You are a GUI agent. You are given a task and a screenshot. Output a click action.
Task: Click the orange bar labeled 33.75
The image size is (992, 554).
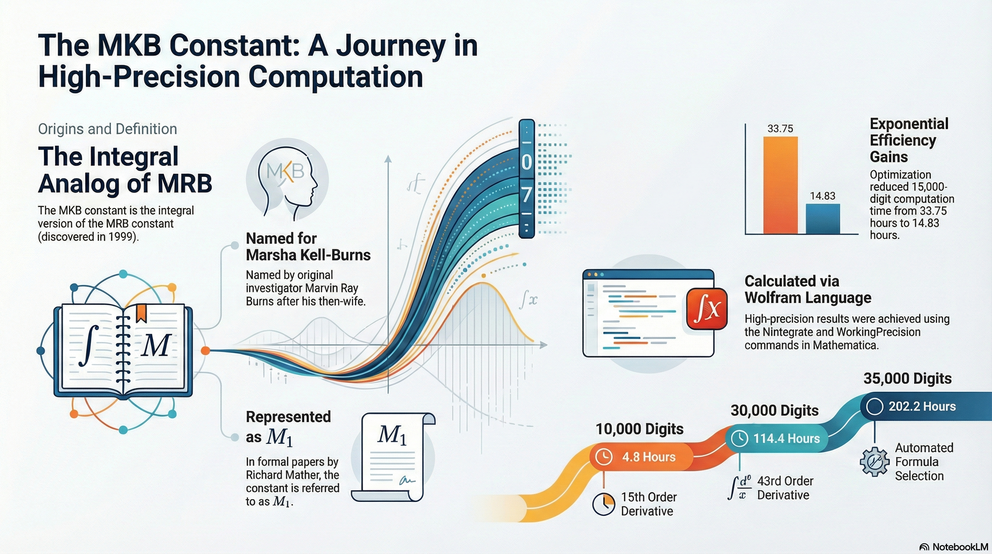pyautogui.click(x=780, y=185)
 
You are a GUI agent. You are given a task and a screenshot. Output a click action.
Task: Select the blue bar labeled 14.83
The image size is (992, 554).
pyautogui.click(x=823, y=219)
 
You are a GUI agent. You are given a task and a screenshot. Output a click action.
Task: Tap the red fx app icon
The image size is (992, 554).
pyautogui.click(x=707, y=309)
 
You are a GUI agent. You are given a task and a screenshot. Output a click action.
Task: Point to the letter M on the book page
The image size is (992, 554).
pyautogui.click(x=156, y=346)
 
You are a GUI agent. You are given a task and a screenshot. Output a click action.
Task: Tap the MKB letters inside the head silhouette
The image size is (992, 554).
pyautogui.click(x=285, y=171)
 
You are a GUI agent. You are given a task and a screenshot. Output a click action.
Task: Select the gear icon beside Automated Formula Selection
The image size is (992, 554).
pyautogui.click(x=874, y=462)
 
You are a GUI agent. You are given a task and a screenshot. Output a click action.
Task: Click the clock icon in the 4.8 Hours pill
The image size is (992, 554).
pyautogui.click(x=603, y=457)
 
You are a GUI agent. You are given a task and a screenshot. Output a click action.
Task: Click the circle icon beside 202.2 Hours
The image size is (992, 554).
pyautogui.click(x=874, y=406)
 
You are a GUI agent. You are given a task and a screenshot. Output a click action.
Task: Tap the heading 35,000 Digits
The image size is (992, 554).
pyautogui.click(x=908, y=378)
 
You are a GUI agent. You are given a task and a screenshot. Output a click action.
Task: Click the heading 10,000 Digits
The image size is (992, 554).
pyautogui.click(x=639, y=429)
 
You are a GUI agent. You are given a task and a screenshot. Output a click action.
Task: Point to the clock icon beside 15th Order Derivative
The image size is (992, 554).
pyautogui.click(x=603, y=504)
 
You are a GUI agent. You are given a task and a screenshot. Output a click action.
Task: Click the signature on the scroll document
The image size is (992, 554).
pyautogui.click(x=407, y=480)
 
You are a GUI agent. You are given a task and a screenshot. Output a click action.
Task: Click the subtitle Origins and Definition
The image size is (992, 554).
pyautogui.click(x=107, y=129)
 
